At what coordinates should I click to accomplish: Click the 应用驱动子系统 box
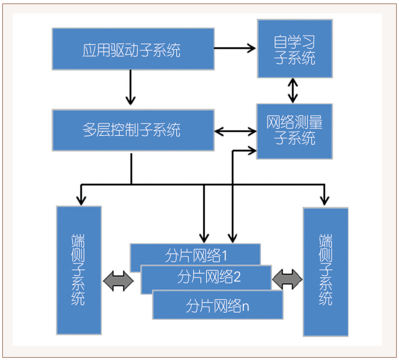click(x=132, y=49)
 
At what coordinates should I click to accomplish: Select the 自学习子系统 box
click(x=295, y=49)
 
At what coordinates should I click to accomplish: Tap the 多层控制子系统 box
click(x=132, y=129)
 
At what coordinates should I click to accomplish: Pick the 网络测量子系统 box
click(x=295, y=131)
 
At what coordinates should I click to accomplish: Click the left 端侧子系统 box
click(x=79, y=270)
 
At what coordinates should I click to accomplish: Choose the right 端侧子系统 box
click(x=326, y=271)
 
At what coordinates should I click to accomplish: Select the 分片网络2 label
click(x=209, y=276)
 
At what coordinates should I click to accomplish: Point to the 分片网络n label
click(x=218, y=305)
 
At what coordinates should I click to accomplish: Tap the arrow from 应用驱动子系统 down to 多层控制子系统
click(x=131, y=88)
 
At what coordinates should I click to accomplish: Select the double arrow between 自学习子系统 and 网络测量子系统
click(x=292, y=91)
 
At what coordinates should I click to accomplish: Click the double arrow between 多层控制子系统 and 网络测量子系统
click(x=235, y=131)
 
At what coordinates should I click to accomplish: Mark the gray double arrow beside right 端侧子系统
click(x=287, y=279)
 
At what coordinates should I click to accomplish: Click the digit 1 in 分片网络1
click(x=224, y=255)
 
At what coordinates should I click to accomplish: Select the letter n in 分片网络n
click(x=245, y=306)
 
